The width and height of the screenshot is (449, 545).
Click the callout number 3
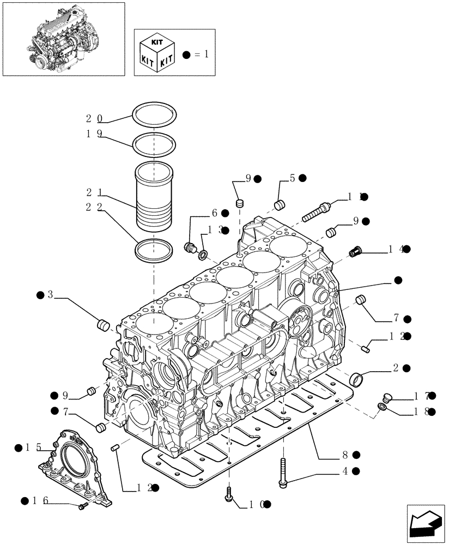(x=50, y=295)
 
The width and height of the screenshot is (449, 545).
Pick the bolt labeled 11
(x=315, y=210)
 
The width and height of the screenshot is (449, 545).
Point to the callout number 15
(x=33, y=447)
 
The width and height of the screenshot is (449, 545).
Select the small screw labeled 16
(x=83, y=507)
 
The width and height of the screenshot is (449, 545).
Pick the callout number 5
(x=292, y=178)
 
